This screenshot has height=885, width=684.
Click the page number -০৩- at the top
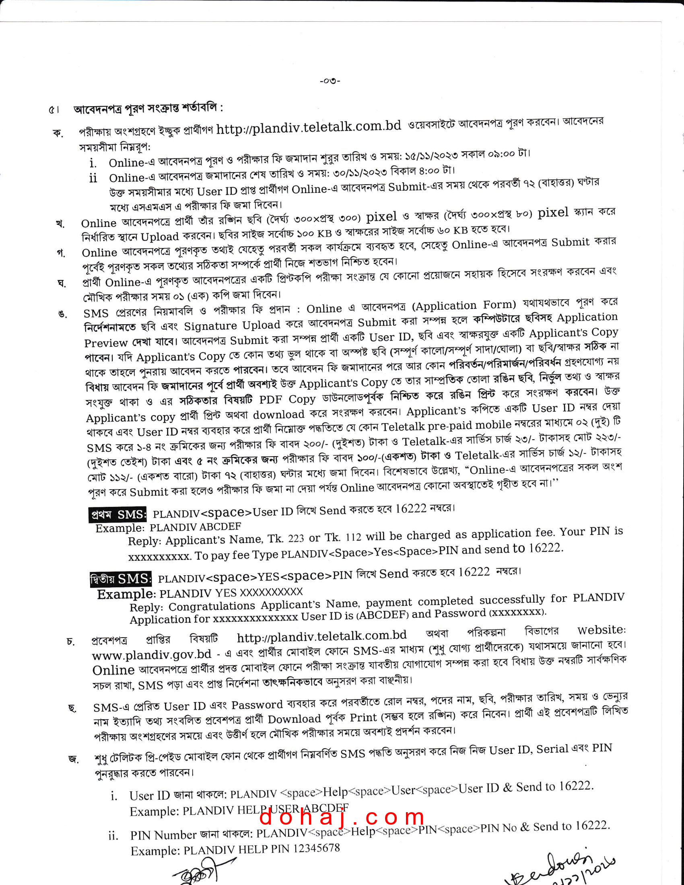click(330, 80)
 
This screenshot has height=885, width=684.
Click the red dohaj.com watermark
click(342, 817)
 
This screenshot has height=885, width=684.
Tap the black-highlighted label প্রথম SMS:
click(117, 515)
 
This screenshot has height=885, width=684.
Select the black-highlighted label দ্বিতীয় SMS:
click(121, 579)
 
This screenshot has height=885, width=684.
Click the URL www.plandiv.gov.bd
click(152, 654)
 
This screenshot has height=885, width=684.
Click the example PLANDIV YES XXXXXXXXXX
click(231, 593)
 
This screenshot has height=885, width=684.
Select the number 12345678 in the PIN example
click(317, 848)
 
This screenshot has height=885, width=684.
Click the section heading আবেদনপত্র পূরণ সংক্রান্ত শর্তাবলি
click(147, 109)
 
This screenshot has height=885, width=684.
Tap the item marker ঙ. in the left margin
click(62, 314)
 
